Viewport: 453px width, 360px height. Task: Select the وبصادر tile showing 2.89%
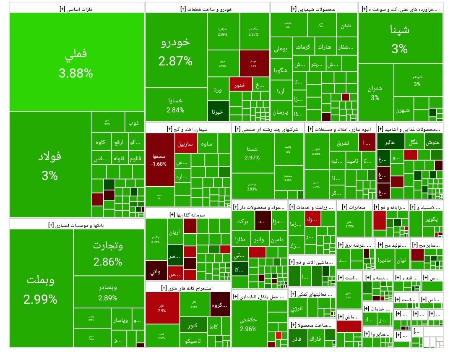coord(108,292)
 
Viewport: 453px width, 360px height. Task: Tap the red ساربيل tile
coord(185,143)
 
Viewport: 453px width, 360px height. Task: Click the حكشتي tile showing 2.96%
coord(249,323)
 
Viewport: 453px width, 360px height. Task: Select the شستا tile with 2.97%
coord(253,153)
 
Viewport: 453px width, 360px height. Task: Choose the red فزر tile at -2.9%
coord(162,308)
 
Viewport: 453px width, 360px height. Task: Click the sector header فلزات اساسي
coord(76,8)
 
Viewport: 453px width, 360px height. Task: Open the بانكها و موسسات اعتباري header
coord(76,225)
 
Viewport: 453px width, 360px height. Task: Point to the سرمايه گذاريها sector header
coord(187,214)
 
